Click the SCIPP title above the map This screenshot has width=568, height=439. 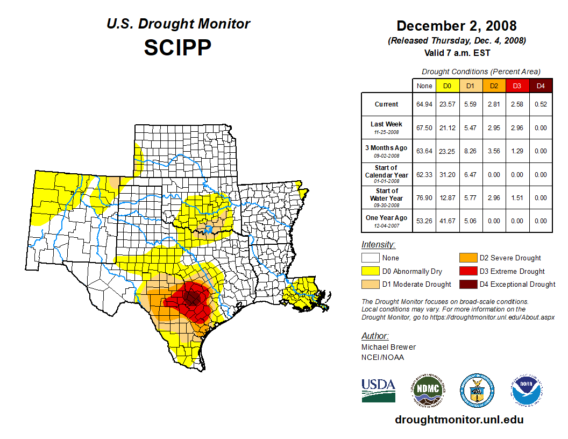177,48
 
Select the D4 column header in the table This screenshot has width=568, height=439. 541,86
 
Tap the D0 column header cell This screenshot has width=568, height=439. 447,86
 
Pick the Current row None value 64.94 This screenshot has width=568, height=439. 424,104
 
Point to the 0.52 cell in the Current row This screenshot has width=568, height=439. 541,104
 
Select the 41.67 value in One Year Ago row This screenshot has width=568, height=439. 447,221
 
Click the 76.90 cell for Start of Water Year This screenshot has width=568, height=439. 424,197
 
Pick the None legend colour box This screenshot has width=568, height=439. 371,258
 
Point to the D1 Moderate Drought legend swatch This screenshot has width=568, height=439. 371,284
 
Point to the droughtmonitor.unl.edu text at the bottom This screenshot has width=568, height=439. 459,420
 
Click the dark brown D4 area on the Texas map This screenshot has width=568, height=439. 191,297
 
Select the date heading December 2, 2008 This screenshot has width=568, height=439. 456,26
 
